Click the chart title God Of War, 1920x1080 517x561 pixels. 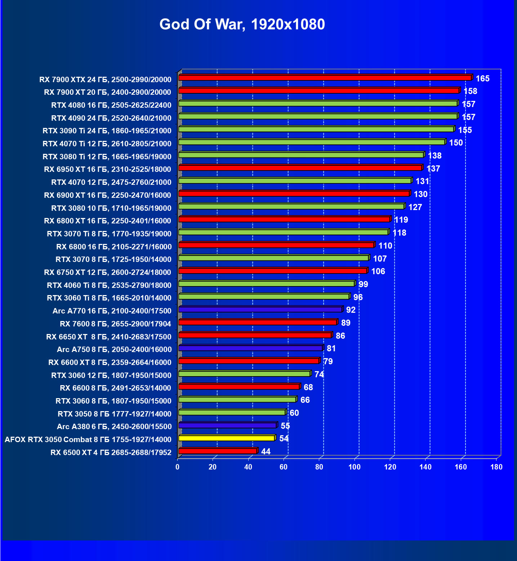coord(242,25)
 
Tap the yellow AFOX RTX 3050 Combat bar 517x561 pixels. coord(227,438)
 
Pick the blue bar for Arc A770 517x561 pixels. coord(260,310)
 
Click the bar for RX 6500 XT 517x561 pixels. coord(218,451)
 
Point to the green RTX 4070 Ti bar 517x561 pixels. coord(312,142)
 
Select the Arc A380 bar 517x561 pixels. coord(227,426)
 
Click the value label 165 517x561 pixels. coord(482,79)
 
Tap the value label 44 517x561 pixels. coord(266,452)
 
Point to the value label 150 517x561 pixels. coord(456,143)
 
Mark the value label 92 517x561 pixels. coord(351,310)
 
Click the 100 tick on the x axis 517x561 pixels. coord(355,467)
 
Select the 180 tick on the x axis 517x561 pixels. coord(496,467)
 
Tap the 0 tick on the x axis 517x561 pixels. coord(177,467)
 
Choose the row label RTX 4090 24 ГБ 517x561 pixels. coord(111,118)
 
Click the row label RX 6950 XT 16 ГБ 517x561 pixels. coord(107,169)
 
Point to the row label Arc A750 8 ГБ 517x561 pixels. coord(114,349)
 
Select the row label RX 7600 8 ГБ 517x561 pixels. coord(115,324)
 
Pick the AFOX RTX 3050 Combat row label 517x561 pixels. coord(88,440)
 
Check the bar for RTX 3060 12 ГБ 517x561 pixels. coord(244,374)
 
